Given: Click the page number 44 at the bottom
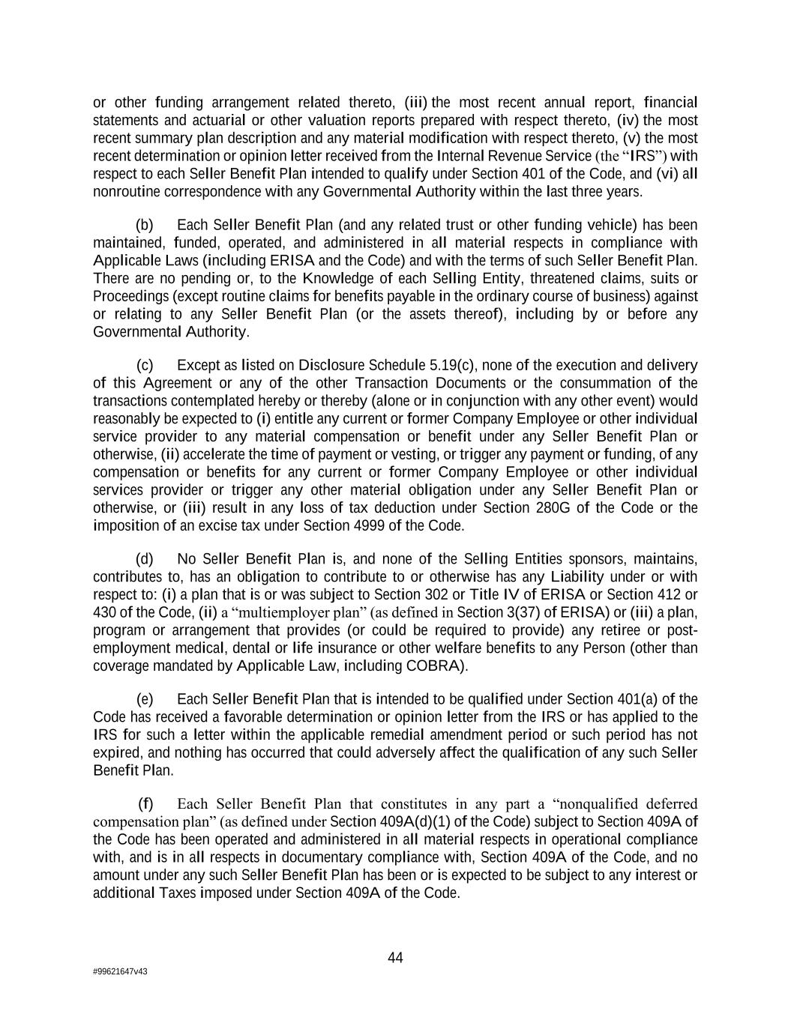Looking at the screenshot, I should tap(395, 958).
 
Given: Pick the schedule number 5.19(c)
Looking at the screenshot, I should tap(454, 366).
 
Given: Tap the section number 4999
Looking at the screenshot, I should tap(350, 526).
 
